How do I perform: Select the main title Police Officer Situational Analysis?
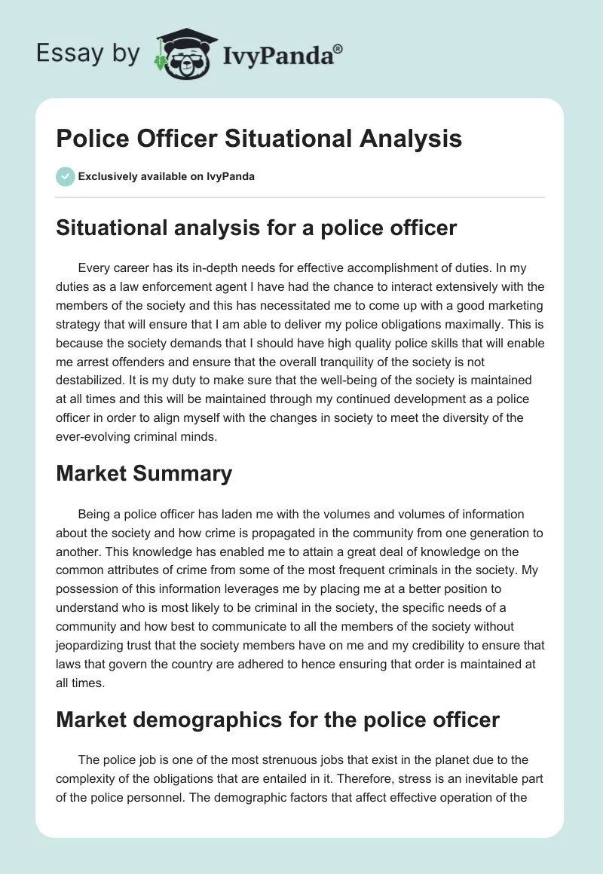click(x=259, y=139)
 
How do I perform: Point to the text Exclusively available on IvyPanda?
click(x=166, y=177)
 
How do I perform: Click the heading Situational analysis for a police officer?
click(x=256, y=227)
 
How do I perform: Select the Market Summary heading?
click(x=144, y=473)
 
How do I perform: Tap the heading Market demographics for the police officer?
click(x=277, y=720)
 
